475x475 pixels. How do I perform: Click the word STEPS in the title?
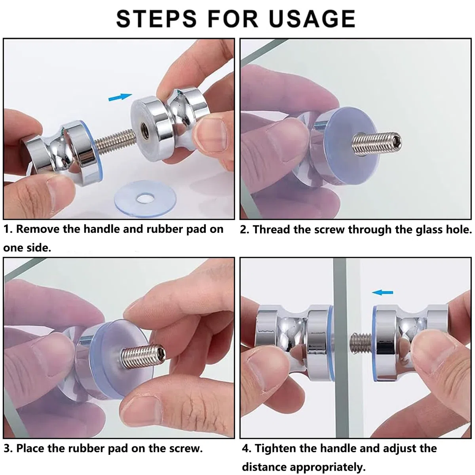click(x=156, y=19)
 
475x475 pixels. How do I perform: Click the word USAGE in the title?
click(x=312, y=19)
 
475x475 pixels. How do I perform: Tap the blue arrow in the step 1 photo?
click(x=120, y=97)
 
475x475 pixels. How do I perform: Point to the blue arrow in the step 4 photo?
click(x=382, y=293)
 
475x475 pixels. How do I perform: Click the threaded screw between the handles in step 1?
click(x=115, y=142)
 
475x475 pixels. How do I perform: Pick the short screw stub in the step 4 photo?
click(x=360, y=343)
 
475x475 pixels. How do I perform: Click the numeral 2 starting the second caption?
click(x=243, y=230)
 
